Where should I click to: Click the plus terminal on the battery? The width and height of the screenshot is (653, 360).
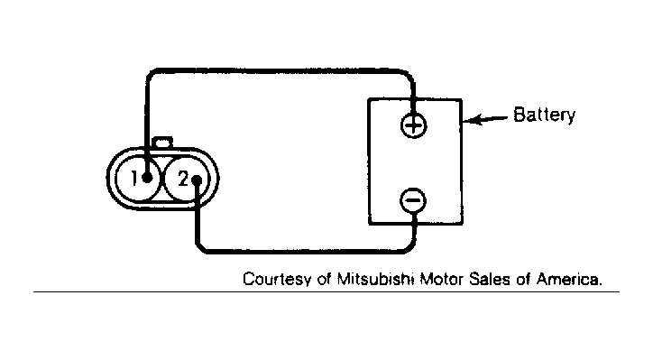(x=414, y=125)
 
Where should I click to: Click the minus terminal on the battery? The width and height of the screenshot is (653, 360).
(x=413, y=201)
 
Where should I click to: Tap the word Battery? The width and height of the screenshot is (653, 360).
(x=544, y=115)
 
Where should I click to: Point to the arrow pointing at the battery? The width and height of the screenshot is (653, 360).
(x=485, y=119)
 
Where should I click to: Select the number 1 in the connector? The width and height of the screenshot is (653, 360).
(x=133, y=179)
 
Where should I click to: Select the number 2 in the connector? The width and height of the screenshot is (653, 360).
(x=183, y=180)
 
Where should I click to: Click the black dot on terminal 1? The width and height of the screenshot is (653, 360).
(x=147, y=178)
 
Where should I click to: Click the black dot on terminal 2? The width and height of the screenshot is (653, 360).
(x=197, y=180)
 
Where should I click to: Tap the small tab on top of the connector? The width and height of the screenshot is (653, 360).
(x=163, y=142)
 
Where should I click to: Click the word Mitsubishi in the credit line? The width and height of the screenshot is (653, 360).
(x=375, y=278)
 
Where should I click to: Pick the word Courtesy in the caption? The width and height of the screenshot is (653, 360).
(x=277, y=279)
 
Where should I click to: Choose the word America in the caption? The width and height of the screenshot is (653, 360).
(x=569, y=278)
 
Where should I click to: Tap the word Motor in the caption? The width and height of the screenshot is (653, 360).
(x=441, y=278)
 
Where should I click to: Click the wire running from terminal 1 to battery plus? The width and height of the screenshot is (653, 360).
(x=279, y=71)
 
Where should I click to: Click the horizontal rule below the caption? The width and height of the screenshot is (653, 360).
(x=326, y=291)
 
